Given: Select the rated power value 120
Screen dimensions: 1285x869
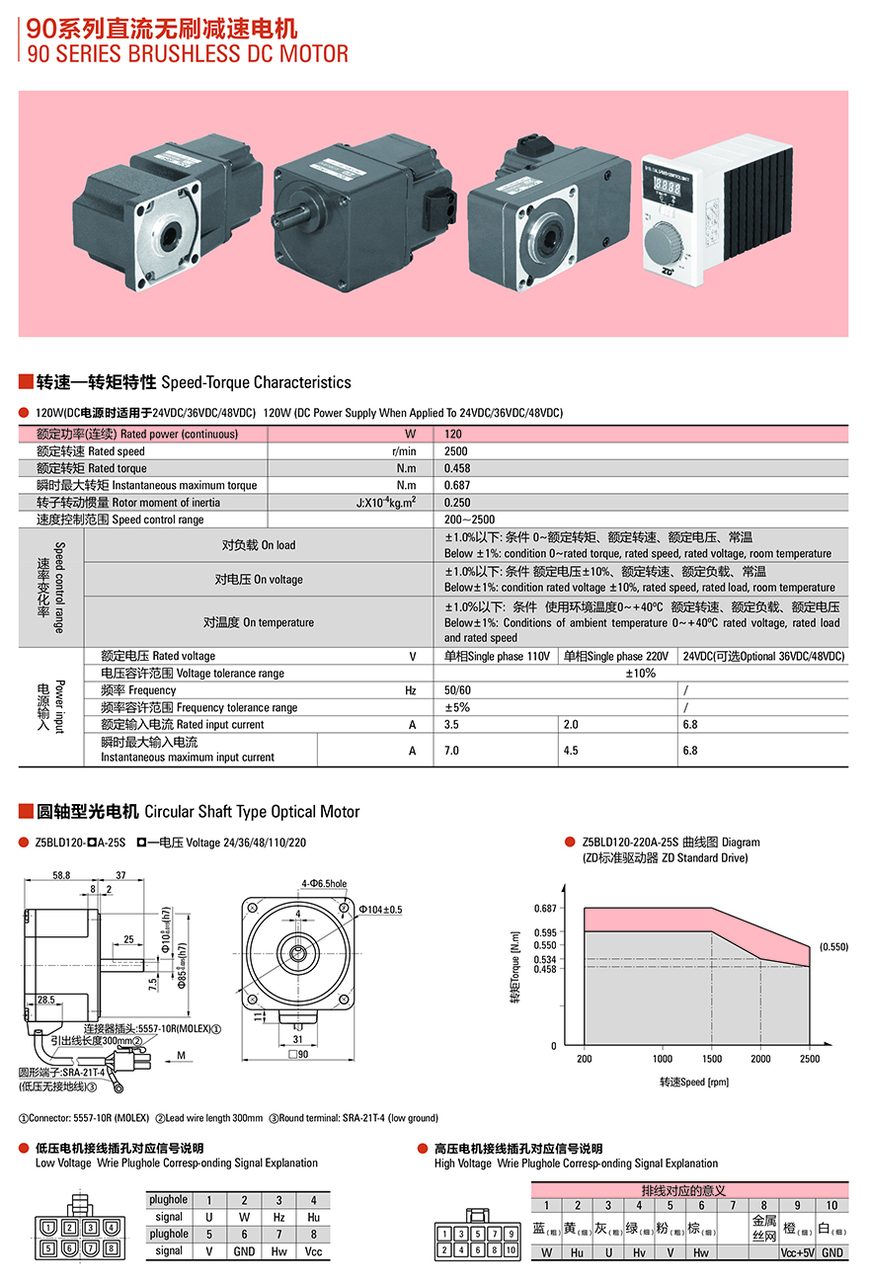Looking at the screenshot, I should (453, 435).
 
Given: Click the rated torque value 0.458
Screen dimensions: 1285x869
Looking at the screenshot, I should (456, 468).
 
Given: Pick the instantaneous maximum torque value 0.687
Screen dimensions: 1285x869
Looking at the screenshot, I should (456, 485).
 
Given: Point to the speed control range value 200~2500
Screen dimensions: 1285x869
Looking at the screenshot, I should (469, 520).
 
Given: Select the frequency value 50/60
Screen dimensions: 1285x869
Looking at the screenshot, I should (458, 690).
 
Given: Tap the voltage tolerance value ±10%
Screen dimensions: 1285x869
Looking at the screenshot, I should (640, 674).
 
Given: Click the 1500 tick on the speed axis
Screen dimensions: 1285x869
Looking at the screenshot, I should (711, 1059).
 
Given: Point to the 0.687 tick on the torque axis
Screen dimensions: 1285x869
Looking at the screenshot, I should (545, 908).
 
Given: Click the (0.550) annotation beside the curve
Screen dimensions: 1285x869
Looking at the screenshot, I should (833, 947).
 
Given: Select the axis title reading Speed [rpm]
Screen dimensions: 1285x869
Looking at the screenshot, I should (694, 1082).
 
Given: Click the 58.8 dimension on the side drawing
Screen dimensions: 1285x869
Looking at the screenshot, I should (61, 875).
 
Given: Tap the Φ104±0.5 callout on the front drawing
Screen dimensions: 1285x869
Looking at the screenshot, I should (380, 909).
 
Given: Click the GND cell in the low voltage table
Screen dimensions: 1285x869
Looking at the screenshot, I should (244, 1251).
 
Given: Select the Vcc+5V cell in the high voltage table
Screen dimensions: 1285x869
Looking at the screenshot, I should (798, 1252).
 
